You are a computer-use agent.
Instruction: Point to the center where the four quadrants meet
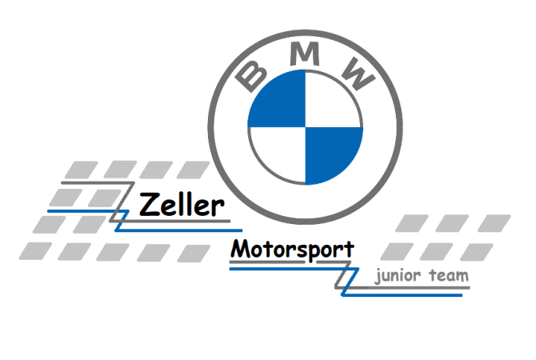pyautogui.click(x=304, y=128)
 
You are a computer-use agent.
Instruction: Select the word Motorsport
pyautogui.click(x=292, y=249)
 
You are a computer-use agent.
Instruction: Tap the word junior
pyautogui.click(x=397, y=277)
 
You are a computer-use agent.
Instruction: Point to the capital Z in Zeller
pyautogui.click(x=149, y=205)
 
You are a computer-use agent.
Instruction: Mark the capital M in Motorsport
pyautogui.click(x=240, y=249)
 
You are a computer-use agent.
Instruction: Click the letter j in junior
pyautogui.click(x=376, y=278)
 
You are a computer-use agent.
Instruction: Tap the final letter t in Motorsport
pyautogui.click(x=348, y=249)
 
